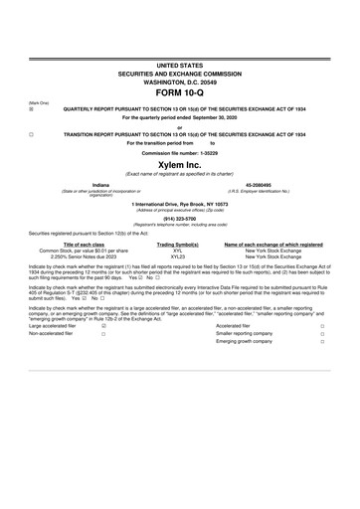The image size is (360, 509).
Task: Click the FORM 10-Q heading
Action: click(179, 93)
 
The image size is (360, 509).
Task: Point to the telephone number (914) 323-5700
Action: click(179, 220)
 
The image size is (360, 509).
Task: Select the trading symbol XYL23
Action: click(179, 255)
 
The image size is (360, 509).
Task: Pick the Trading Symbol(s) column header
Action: click(179, 244)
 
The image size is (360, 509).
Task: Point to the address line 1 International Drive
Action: click(179, 204)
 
